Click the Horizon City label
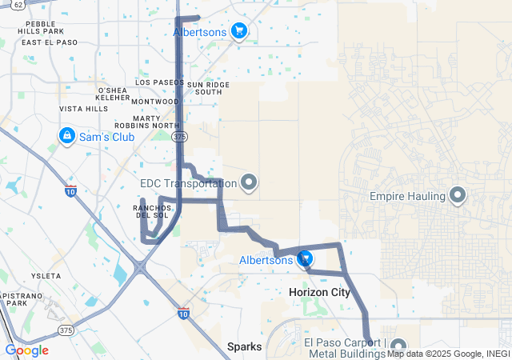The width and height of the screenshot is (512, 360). point(319,293)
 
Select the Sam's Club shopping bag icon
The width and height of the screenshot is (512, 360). point(66,136)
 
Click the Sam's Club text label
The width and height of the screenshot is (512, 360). point(106,137)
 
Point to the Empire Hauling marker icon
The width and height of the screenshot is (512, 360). point(458,194)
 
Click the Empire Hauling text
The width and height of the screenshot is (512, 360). point(407,195)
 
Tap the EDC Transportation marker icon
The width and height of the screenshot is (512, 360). point(249,183)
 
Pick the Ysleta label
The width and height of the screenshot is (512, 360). point(45,275)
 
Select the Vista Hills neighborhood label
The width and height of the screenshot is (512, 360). point(84,109)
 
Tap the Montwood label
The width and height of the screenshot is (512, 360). point(154,102)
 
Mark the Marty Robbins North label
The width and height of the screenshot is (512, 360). point(157,121)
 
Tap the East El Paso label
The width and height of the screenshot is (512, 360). point(50,42)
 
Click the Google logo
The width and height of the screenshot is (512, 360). point(26,350)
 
